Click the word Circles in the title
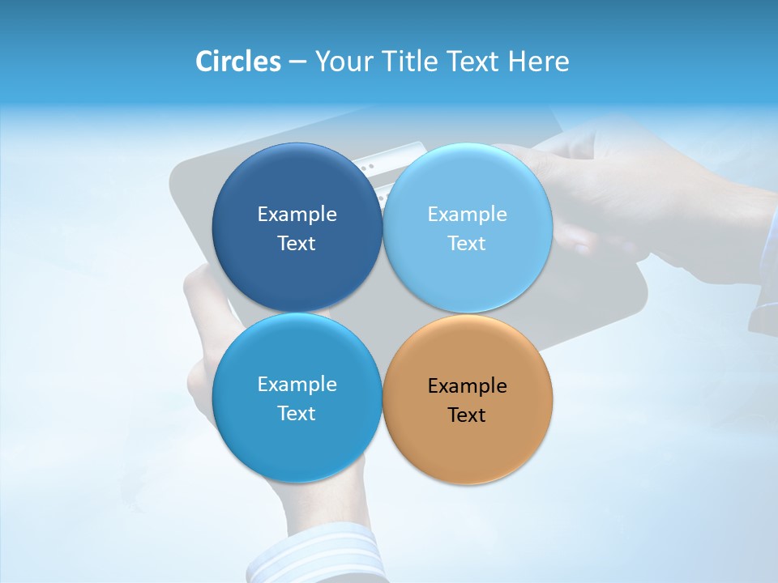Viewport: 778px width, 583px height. click(x=238, y=62)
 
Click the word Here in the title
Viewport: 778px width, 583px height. click(x=539, y=62)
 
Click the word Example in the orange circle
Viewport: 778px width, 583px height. click(x=468, y=386)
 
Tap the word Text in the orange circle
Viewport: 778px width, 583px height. click(x=467, y=415)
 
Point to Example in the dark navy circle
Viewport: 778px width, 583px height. click(x=297, y=215)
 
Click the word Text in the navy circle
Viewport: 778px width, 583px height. click(x=297, y=244)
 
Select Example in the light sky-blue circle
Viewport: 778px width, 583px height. click(x=468, y=215)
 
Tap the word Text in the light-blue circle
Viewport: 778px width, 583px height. click(x=467, y=244)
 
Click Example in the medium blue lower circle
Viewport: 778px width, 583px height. click(x=297, y=385)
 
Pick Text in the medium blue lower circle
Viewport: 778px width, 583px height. click(x=297, y=414)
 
